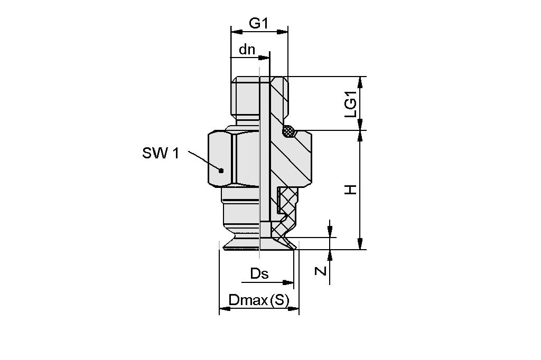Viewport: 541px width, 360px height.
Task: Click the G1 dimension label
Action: (259, 23)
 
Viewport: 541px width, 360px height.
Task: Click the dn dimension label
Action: (247, 50)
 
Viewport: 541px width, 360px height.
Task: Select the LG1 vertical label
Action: (351, 103)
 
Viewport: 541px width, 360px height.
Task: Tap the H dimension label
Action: (351, 189)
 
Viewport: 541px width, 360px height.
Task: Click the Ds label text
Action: (259, 274)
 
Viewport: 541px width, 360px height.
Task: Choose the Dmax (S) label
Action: (259, 301)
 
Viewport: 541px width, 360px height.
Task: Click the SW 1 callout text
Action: (161, 154)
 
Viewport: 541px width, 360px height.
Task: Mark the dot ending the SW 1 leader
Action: (221, 170)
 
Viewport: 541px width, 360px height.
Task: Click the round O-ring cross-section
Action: (288, 130)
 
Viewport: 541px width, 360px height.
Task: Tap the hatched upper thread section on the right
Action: (279, 98)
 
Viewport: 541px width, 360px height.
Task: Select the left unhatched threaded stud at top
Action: (245, 98)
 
